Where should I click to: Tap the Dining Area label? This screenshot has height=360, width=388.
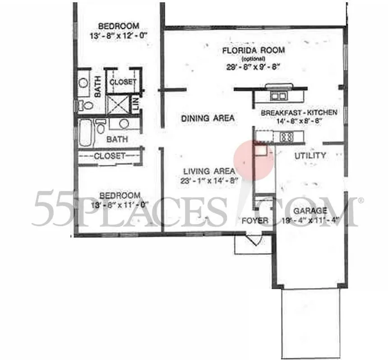pyautogui.click(x=208, y=118)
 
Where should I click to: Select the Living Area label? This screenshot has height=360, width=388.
pyautogui.click(x=209, y=171)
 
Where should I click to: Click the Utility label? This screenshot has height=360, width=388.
pyautogui.click(x=310, y=156)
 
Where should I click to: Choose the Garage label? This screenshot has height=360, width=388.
pyautogui.click(x=310, y=211)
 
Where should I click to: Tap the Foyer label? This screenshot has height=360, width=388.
pyautogui.click(x=255, y=221)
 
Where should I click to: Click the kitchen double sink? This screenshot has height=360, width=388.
pyautogui.click(x=278, y=96)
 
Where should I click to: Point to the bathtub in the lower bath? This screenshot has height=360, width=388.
pyautogui.click(x=86, y=132)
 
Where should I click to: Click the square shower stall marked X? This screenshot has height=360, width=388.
pyautogui.click(x=118, y=105)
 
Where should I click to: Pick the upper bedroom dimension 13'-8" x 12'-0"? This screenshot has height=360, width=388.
pyautogui.click(x=119, y=35)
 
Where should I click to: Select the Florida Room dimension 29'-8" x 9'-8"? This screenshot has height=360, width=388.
pyautogui.click(x=254, y=67)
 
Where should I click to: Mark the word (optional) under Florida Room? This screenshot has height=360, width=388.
pyautogui.click(x=250, y=59)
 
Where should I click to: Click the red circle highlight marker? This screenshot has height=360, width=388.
pyautogui.click(x=254, y=159)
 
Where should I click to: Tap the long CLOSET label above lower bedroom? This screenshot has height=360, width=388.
pyautogui.click(x=109, y=156)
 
